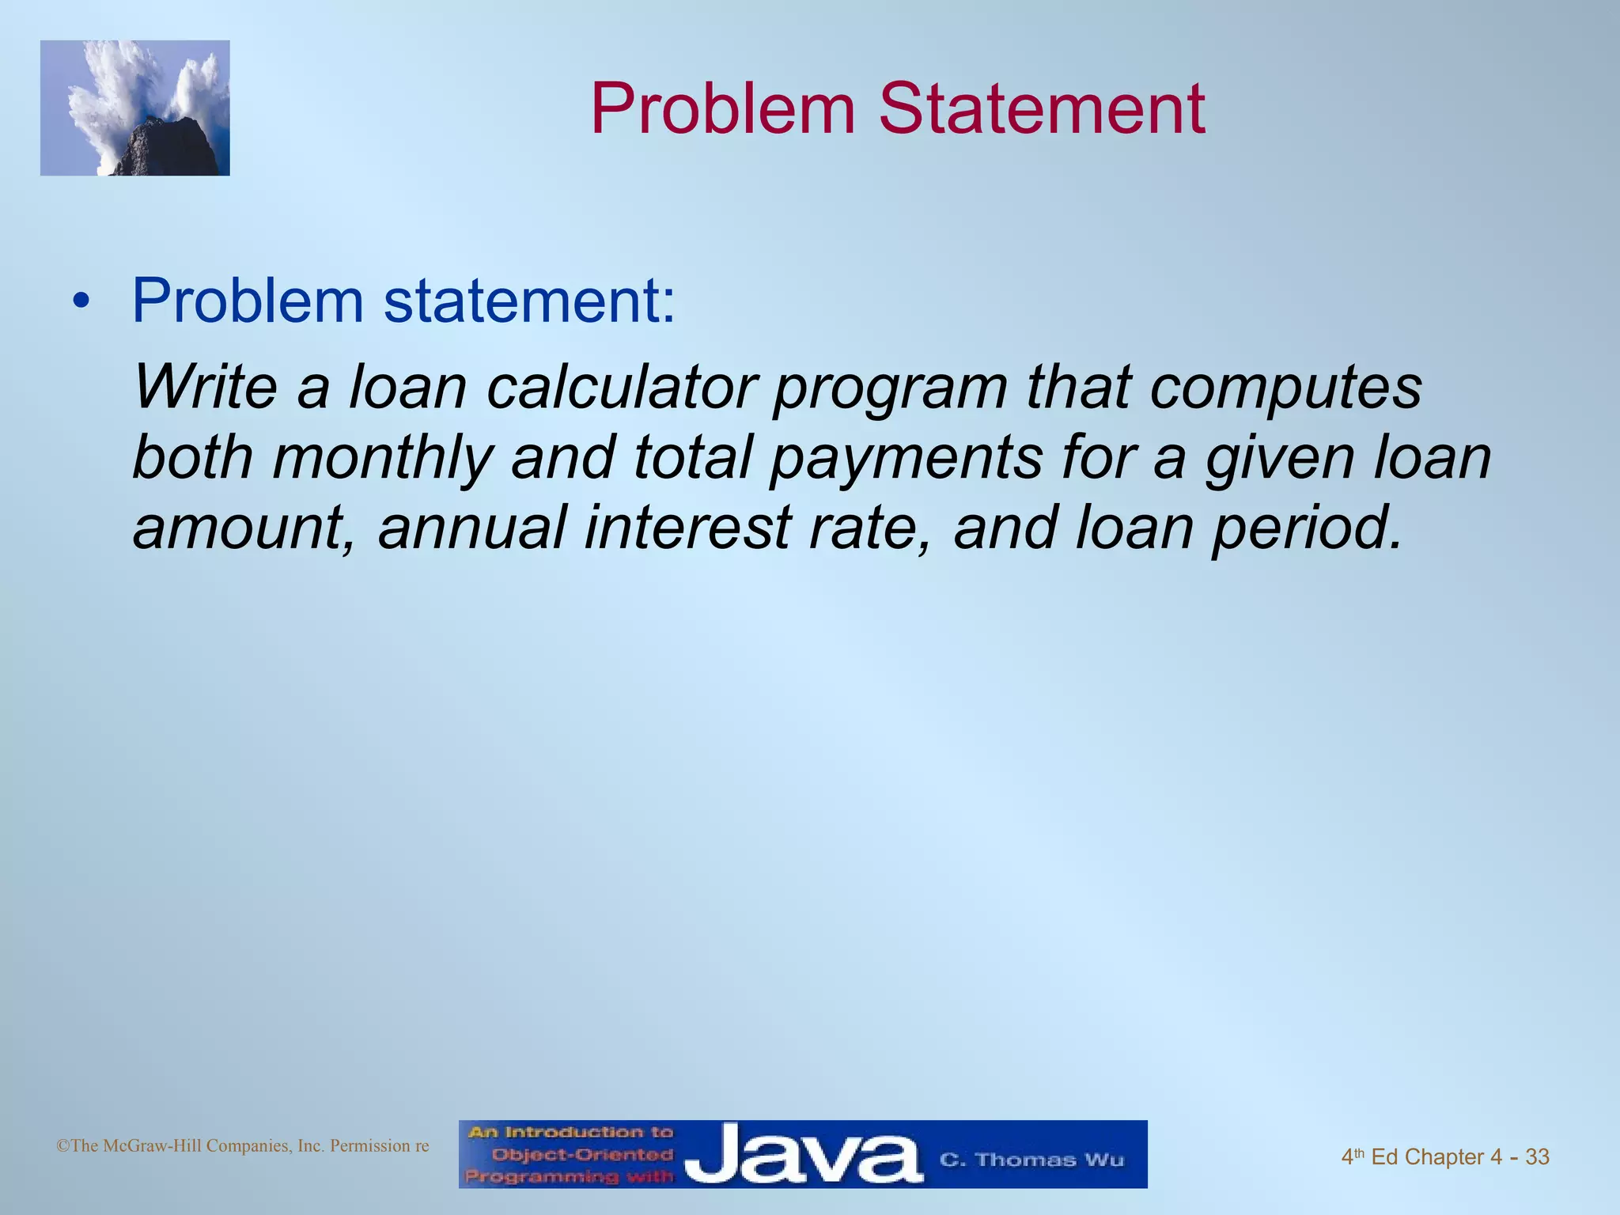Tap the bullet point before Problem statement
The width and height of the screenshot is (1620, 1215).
point(80,302)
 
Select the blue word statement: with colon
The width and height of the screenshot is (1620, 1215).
point(530,301)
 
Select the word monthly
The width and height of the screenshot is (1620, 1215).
point(382,460)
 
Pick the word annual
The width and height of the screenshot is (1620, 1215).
point(472,528)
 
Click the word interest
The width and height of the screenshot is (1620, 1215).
point(687,528)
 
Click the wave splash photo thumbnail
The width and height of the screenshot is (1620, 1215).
point(135,108)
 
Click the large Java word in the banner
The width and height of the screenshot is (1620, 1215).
point(802,1156)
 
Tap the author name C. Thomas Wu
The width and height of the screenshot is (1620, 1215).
point(1031,1160)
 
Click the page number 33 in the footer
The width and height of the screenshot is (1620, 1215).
point(1537,1157)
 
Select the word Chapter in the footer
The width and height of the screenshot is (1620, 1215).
point(1444,1157)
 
